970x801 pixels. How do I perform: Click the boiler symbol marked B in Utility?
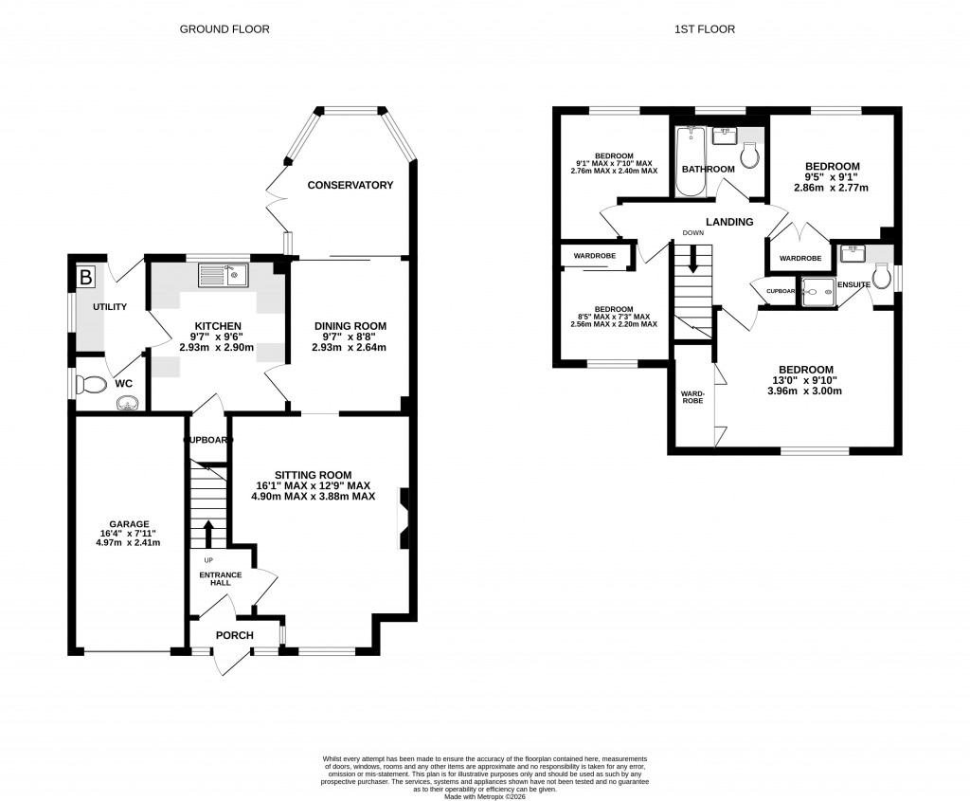(x=86, y=278)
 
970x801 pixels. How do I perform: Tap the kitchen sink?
(x=223, y=275)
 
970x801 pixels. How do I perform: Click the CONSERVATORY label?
(x=350, y=185)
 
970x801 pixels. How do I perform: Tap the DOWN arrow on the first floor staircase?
(x=693, y=259)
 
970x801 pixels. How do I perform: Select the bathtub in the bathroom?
(x=689, y=161)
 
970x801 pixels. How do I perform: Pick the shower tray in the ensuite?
(x=817, y=292)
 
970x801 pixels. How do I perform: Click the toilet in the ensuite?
(x=882, y=277)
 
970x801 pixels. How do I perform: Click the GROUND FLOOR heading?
(x=225, y=29)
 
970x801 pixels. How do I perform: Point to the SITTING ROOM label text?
(x=313, y=475)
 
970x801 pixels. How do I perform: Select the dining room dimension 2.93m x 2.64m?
(x=350, y=347)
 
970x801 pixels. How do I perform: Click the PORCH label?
(x=233, y=635)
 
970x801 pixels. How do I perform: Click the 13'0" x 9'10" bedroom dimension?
(x=805, y=380)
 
